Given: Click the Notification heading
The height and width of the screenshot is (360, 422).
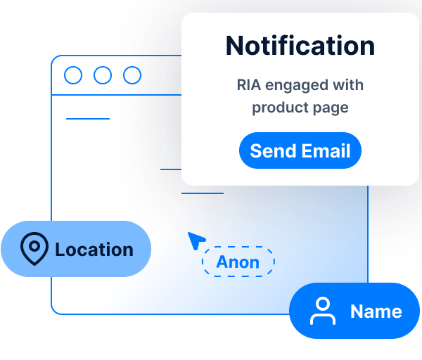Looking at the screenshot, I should click(300, 46).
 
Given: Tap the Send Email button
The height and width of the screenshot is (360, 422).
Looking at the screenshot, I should click(300, 150).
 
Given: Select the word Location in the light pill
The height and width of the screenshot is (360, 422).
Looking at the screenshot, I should click(94, 250).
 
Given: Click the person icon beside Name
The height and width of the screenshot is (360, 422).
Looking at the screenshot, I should click(323, 311).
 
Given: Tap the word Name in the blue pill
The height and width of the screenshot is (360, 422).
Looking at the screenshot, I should click(376, 311).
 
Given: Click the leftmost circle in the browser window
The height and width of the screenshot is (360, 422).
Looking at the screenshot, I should click(72, 75).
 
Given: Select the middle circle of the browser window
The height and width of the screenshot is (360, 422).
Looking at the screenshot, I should click(103, 75).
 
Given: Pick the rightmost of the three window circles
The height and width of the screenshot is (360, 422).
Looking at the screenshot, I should click(132, 75).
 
